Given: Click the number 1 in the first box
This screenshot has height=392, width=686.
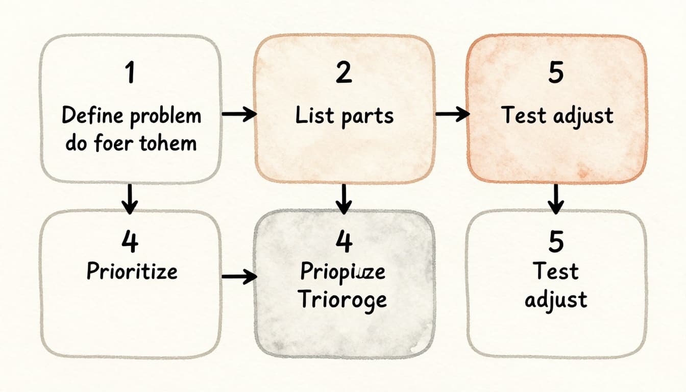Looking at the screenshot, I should click(x=131, y=73).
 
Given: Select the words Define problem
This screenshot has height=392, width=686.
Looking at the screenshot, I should click(x=131, y=116).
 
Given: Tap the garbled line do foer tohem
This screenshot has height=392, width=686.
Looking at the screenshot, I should click(x=131, y=143).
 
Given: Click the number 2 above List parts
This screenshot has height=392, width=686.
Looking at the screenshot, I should click(x=344, y=73).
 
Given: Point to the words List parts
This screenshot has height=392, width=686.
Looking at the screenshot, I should click(x=345, y=116).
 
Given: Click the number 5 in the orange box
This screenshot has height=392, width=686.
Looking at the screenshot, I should click(x=556, y=73).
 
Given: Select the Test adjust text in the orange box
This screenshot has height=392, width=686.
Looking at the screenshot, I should click(x=557, y=116).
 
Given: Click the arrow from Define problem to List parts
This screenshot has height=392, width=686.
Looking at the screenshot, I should click(x=239, y=115).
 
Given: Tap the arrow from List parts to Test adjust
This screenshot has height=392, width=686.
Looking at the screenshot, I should click(x=452, y=115).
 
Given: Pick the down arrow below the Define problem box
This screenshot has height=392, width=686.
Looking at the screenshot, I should click(x=130, y=199).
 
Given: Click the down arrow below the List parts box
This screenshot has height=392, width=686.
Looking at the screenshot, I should click(x=344, y=199).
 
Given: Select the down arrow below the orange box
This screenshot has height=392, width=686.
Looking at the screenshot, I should click(x=556, y=199).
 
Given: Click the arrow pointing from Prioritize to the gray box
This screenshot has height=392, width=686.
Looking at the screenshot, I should click(x=239, y=277).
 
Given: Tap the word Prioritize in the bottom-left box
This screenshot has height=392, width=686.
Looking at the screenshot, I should click(x=132, y=271).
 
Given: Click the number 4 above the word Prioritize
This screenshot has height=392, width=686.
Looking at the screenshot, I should click(x=130, y=241).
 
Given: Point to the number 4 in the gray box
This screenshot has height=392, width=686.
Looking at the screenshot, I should click(x=344, y=241).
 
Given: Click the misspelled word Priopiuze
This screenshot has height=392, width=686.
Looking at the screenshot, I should click(x=342, y=272).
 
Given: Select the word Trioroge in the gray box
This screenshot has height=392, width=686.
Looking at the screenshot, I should click(x=342, y=300).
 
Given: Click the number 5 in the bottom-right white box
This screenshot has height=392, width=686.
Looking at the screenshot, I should click(x=556, y=241).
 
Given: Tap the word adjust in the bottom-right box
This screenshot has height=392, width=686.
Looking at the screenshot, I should click(x=556, y=299).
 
